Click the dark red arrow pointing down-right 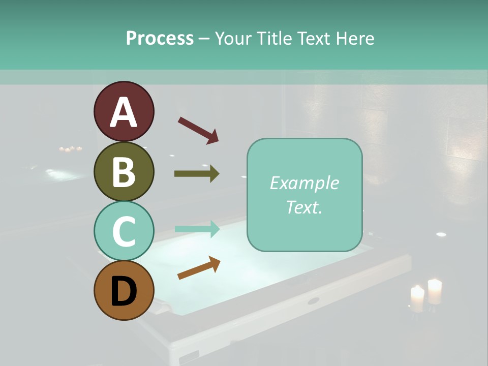(x=198, y=130)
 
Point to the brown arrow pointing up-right (x=199, y=267)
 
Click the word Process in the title (x=160, y=38)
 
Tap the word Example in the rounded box (x=304, y=183)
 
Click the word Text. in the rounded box (x=304, y=207)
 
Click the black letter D (x=124, y=292)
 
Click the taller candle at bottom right (x=435, y=291)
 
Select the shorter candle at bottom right (x=417, y=298)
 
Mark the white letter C (x=124, y=232)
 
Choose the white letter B (x=124, y=172)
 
